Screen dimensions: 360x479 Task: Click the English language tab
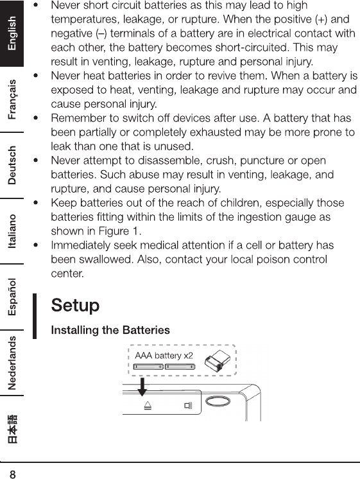12,33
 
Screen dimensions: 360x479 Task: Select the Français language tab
12,100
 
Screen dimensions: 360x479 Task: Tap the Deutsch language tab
12,165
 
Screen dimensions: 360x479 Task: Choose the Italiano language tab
12,231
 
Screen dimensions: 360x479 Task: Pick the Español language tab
12,297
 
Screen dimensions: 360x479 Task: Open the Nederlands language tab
12,363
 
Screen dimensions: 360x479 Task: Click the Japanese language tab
12,428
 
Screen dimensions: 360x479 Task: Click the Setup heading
75,306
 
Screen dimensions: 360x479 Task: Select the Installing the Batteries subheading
110,330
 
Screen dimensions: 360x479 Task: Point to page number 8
13,474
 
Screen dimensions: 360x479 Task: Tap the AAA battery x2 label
164,356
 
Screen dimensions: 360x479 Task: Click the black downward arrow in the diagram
142,387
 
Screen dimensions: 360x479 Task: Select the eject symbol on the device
148,406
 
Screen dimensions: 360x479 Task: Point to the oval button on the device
218,401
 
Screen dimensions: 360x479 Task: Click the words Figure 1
118,231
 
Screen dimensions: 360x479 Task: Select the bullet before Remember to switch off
36,118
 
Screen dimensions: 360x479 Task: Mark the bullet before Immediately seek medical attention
36,245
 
